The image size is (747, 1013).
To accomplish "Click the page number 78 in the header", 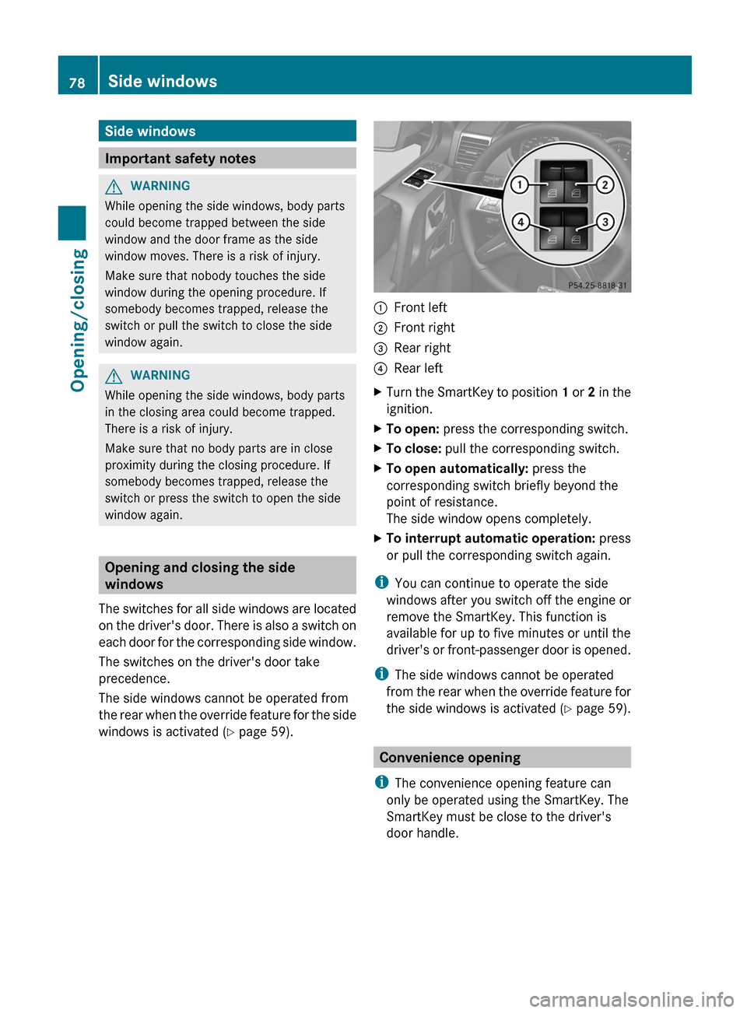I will pyautogui.click(x=77, y=82).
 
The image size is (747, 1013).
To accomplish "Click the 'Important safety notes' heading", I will pyautogui.click(x=181, y=159).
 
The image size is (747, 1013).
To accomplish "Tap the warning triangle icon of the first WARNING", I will pyautogui.click(x=114, y=187).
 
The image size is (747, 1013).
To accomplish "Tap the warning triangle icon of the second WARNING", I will pyautogui.click(x=114, y=377).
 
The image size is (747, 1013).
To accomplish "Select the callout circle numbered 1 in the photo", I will pyautogui.click(x=518, y=184).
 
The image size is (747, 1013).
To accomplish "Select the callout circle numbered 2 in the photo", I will pyautogui.click(x=605, y=184).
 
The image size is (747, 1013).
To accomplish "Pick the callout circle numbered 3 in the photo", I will pyautogui.click(x=605, y=223).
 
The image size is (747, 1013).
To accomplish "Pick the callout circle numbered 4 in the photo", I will pyautogui.click(x=520, y=223).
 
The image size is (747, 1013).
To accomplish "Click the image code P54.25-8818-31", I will pyautogui.click(x=597, y=286).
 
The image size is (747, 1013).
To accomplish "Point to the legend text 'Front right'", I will pyautogui.click(x=424, y=328).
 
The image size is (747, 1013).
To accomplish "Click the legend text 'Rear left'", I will pyautogui.click(x=418, y=368).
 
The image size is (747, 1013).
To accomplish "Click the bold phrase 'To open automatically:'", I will pyautogui.click(x=457, y=468).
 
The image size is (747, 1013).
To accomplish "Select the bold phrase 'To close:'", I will pyautogui.click(x=413, y=448).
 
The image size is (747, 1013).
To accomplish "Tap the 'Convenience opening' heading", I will pyautogui.click(x=450, y=758).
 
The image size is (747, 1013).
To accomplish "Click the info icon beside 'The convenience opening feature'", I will pyautogui.click(x=381, y=782).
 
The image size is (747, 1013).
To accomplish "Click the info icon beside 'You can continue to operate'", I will pyautogui.click(x=381, y=582).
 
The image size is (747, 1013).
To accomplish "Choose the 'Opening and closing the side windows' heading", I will pyautogui.click(x=200, y=576).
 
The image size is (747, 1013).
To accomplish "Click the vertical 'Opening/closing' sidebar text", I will pyautogui.click(x=78, y=320).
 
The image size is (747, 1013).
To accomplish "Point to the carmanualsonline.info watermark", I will pyautogui.click(x=631, y=999).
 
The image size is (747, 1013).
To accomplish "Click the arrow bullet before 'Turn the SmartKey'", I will pyautogui.click(x=378, y=392).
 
